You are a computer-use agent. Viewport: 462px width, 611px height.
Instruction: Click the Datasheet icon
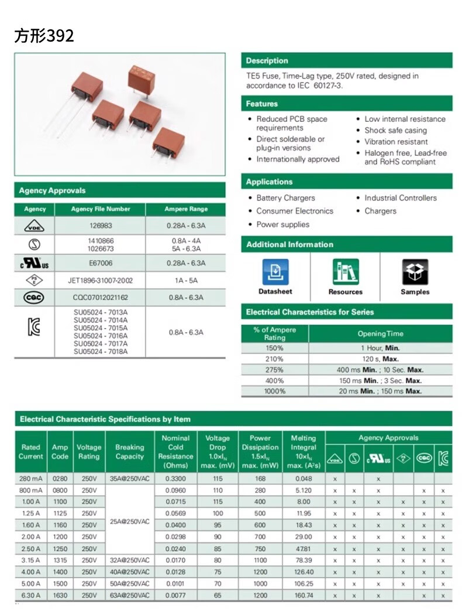click(x=275, y=272)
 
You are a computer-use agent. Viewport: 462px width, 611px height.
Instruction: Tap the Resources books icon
click(x=345, y=272)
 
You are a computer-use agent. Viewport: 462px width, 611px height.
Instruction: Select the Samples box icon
click(x=415, y=272)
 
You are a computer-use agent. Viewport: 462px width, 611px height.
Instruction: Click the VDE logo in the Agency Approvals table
click(x=35, y=226)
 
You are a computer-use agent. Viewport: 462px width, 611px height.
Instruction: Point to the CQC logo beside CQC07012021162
click(x=35, y=298)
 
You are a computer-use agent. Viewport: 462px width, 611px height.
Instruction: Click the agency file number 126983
click(x=101, y=226)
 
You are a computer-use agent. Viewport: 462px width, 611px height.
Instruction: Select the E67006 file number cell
click(x=101, y=264)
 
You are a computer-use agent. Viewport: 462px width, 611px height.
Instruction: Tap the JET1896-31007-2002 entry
click(x=101, y=281)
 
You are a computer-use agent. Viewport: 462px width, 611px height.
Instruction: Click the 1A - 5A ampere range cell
click(x=186, y=281)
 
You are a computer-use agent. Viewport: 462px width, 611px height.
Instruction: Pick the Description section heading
click(x=267, y=61)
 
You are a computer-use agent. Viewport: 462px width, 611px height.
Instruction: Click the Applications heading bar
click(x=346, y=182)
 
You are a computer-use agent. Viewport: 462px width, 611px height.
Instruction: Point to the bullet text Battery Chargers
click(x=285, y=198)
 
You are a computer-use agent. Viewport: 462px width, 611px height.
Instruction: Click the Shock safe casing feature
click(x=395, y=131)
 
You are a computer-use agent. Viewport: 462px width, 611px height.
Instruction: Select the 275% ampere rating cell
click(x=274, y=370)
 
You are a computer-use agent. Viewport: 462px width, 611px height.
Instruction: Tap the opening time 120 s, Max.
click(x=380, y=359)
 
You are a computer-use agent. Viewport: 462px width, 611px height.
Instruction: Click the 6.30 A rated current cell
click(x=30, y=595)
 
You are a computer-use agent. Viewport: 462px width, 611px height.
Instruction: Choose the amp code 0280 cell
click(x=60, y=479)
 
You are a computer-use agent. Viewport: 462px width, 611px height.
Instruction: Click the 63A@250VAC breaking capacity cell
click(x=129, y=595)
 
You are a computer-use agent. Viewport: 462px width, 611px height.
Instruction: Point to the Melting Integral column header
click(x=303, y=452)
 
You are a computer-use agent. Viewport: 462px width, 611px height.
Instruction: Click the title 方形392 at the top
click(x=44, y=36)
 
